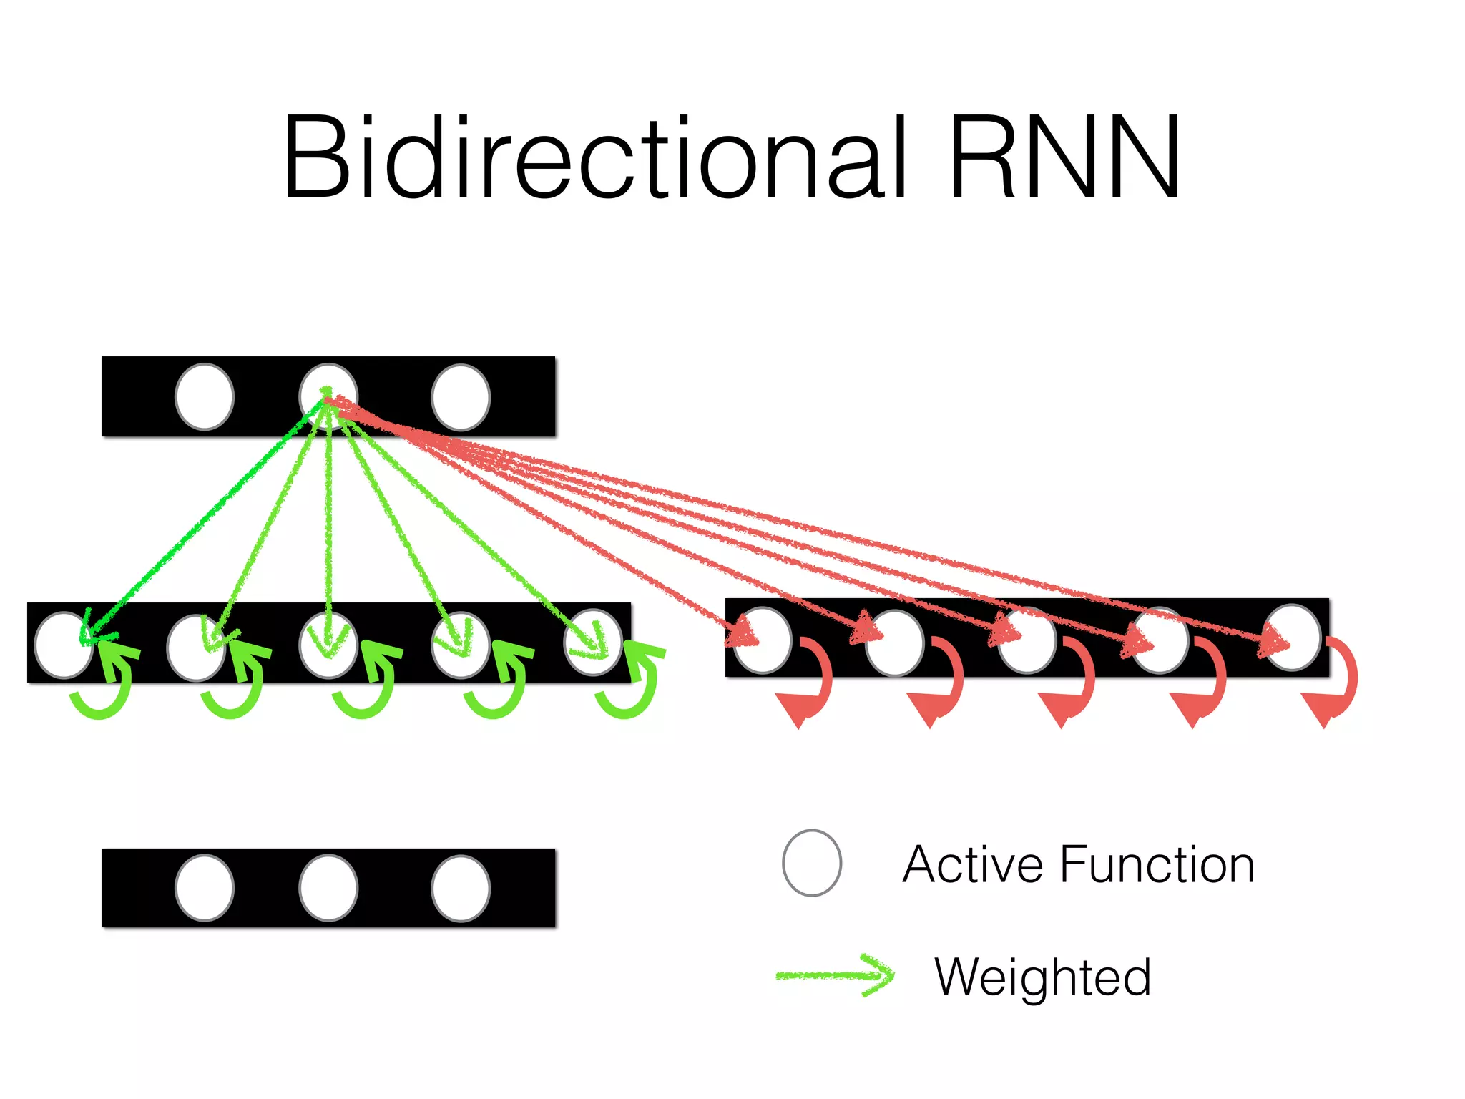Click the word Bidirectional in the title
pyautogui.click(x=594, y=157)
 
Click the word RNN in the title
pyautogui.click(x=1064, y=157)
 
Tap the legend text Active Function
pyautogui.click(x=1078, y=865)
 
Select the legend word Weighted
pyautogui.click(x=1042, y=977)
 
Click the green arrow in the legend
pyautogui.click(x=836, y=975)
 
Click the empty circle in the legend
pyautogui.click(x=812, y=863)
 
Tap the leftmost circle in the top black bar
pyautogui.click(x=205, y=397)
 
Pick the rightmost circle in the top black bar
pyautogui.click(x=461, y=397)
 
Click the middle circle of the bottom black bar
pyautogui.click(x=328, y=888)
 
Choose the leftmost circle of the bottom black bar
pyautogui.click(x=205, y=888)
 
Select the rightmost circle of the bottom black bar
pyautogui.click(x=461, y=888)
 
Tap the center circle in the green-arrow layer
pyautogui.click(x=328, y=645)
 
